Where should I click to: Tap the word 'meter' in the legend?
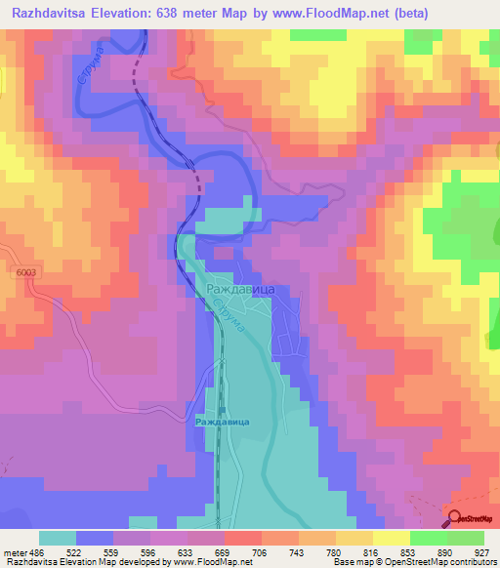click(x=16, y=551)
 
